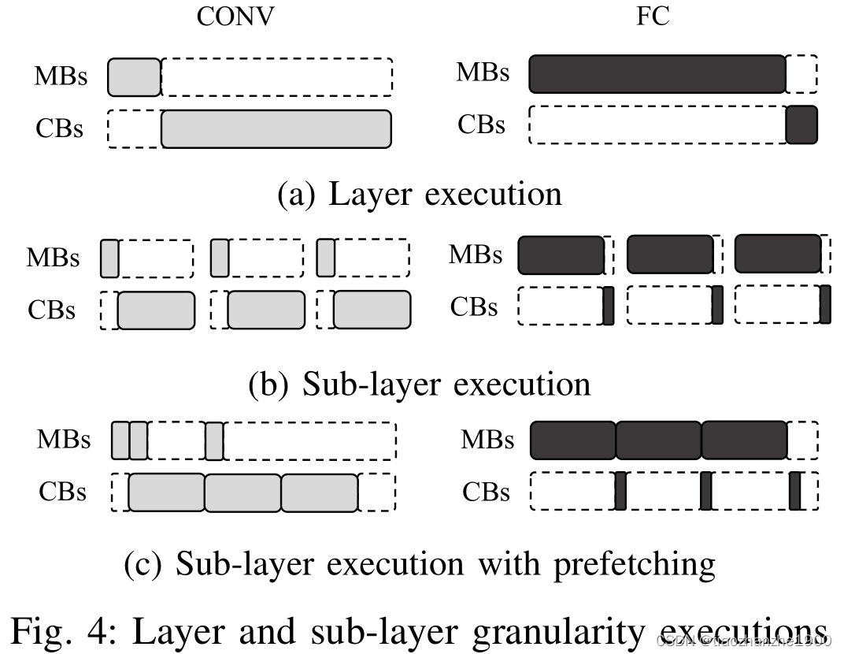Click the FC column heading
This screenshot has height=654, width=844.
click(653, 18)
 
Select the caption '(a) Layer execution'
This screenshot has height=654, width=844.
click(420, 194)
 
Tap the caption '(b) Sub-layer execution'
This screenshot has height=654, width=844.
click(420, 384)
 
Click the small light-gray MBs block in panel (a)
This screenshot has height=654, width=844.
click(134, 76)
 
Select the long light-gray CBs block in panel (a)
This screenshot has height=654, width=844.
click(276, 128)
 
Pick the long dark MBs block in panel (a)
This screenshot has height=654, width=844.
click(657, 74)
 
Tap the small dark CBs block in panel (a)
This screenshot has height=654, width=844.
click(801, 124)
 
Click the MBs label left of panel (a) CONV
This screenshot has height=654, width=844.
click(60, 77)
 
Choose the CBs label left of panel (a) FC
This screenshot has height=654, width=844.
click(482, 125)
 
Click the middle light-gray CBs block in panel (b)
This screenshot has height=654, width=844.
click(265, 310)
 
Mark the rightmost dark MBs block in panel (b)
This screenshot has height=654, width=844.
click(777, 253)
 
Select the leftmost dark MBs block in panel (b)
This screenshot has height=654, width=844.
click(561, 254)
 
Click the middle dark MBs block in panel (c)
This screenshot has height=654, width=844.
click(658, 440)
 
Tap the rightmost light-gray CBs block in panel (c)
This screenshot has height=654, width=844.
click(319, 492)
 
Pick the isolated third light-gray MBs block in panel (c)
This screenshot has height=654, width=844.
click(214, 440)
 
